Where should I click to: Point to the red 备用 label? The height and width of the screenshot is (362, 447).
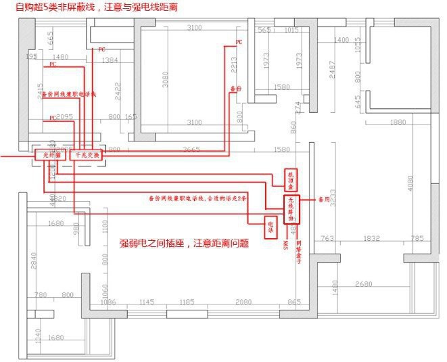(324, 200)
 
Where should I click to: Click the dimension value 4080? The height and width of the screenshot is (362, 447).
(408, 183)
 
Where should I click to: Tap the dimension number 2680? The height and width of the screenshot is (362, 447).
(364, 284)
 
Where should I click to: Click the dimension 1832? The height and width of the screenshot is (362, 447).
(371, 238)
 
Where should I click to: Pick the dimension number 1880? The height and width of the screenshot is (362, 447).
(398, 122)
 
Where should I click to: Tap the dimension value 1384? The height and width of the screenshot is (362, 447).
(108, 61)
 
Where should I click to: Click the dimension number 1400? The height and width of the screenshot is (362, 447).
(342, 41)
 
